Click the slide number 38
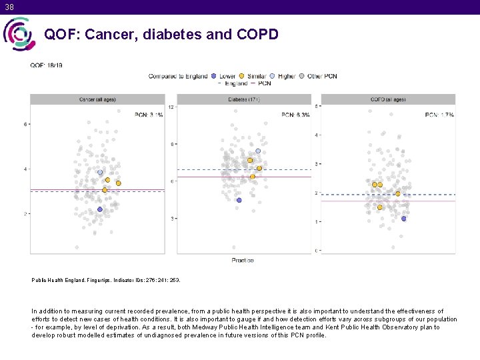9,7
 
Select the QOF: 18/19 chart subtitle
46,65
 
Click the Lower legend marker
213,76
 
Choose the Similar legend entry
254,76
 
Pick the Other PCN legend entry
322,76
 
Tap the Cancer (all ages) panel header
97,99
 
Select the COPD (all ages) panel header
388,99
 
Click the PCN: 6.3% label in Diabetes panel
295,115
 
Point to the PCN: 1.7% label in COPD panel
439,115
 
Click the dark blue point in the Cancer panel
100,209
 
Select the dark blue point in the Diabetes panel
239,200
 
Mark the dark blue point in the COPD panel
404,219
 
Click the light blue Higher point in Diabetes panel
258,151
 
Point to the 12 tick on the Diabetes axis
171,107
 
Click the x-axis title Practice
243,260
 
